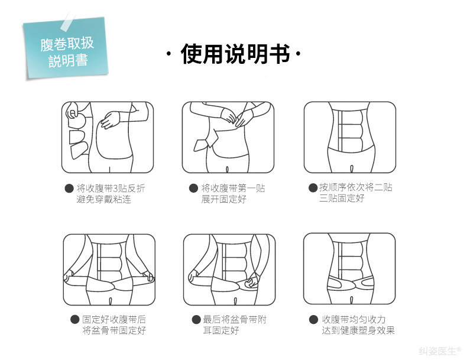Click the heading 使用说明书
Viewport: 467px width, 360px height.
pos(235,54)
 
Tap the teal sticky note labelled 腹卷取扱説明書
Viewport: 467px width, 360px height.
pos(66,48)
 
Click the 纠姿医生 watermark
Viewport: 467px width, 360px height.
pos(437,351)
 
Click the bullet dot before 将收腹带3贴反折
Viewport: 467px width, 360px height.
pos(69,188)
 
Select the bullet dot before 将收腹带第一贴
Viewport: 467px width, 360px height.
pos(193,188)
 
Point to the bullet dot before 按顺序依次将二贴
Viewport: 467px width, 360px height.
pos(313,188)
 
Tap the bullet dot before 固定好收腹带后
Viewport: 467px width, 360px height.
pos(74,319)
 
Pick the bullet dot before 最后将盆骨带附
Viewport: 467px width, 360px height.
pos(196,319)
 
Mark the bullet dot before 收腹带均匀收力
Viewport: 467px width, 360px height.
pos(313,319)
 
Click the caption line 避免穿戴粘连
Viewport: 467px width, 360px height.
pos(103,199)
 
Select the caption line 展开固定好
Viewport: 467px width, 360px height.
pos(223,199)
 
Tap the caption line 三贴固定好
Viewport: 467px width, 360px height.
pos(342,198)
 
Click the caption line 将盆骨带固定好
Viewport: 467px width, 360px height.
pos(114,330)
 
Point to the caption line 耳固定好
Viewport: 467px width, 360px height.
pos(220,330)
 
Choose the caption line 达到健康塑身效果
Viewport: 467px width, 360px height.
pos(358,330)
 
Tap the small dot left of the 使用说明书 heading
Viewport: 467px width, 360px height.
pos(169,54)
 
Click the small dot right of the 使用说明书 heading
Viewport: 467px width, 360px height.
pos(298,54)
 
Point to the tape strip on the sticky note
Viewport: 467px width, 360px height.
pos(68,21)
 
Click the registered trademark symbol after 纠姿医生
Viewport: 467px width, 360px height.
pos(459,349)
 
